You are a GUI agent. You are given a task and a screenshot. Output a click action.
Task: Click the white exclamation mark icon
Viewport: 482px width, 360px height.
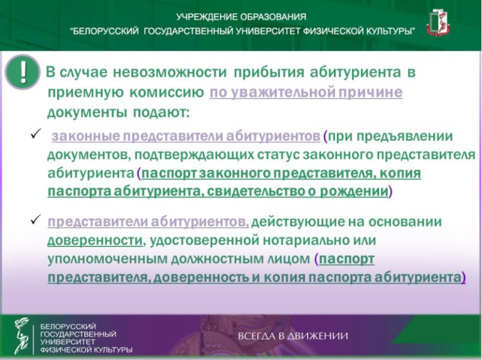(23, 72)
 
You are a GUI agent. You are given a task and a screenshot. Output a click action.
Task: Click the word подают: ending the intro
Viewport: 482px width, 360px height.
(161, 112)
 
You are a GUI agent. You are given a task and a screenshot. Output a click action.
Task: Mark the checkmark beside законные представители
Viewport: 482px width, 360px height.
(36, 134)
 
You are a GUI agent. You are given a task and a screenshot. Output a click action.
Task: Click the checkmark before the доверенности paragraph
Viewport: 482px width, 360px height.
(36, 220)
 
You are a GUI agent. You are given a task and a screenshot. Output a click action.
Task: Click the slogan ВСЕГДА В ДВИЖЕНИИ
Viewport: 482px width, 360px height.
(293, 336)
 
